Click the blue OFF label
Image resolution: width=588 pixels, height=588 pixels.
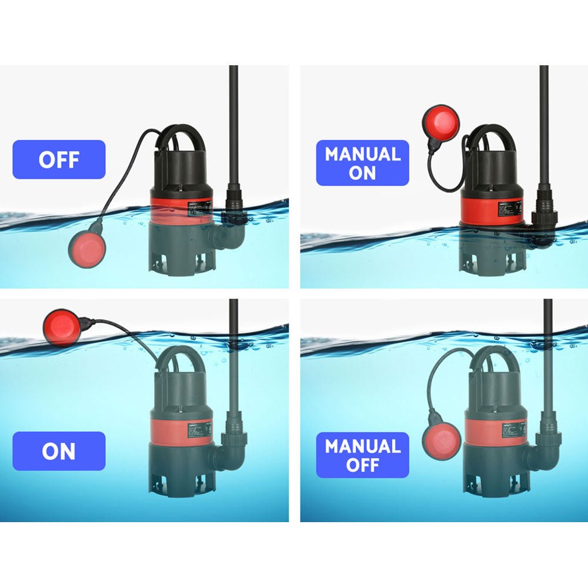point(59,159)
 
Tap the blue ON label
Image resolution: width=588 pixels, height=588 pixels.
point(59,451)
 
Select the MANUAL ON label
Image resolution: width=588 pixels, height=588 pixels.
point(363,163)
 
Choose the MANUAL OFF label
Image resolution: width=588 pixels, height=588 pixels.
point(363,455)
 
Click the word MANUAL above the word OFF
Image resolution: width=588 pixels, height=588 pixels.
point(363,446)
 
